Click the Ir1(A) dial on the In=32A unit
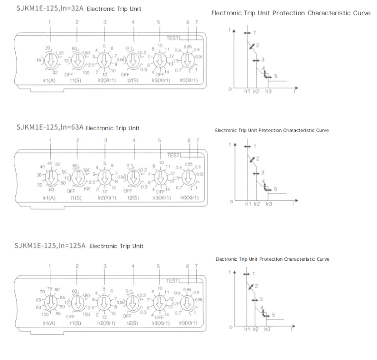pos(49,60)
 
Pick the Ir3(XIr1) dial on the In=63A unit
pos(160,178)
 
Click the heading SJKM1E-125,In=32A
pos(50,8)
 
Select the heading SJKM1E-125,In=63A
pos(50,127)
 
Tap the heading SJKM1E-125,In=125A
pos(50,246)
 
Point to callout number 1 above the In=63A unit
pos(50,141)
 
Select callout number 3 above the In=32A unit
pos(105,22)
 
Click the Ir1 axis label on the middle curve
pos(247,203)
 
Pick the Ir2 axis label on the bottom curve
pos(255,329)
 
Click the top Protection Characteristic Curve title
pos(291,13)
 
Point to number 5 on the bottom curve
pos(273,314)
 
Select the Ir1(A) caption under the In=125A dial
pos(49,323)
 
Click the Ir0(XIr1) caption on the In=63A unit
pos(189,198)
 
